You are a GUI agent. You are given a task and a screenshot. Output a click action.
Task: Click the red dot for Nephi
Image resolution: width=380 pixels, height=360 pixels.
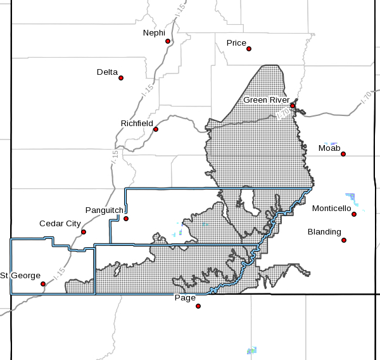coord(168,42)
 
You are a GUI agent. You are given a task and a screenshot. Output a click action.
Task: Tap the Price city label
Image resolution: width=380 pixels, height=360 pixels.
coord(236,43)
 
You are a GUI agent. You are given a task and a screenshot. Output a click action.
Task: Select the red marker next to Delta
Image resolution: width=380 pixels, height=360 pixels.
coord(121,79)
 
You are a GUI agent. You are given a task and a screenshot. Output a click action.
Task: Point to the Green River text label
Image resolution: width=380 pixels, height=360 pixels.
coord(267,100)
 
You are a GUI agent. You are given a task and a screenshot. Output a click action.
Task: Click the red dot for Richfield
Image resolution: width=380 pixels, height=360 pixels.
coord(156,129)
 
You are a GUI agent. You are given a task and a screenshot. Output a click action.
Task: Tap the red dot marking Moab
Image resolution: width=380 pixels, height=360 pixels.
coord(343,154)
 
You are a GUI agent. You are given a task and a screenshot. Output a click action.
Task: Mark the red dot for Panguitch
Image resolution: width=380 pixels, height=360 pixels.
coord(126,219)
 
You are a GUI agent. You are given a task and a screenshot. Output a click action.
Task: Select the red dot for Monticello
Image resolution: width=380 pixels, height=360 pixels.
coord(354,214)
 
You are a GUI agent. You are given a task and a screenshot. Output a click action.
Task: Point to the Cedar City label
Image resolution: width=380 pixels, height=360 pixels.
coord(60,224)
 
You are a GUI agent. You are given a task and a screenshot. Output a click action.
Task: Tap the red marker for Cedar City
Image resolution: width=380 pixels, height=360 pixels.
coord(84,232)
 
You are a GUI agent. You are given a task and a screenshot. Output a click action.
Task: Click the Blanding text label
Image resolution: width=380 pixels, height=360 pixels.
coord(324,232)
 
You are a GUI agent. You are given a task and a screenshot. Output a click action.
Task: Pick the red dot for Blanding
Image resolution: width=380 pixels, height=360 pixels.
coord(344,240)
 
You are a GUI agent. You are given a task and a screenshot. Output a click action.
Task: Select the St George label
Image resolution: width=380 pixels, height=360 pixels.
coord(20,275)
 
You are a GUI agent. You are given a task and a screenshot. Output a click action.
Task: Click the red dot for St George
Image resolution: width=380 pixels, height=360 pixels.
coord(43,284)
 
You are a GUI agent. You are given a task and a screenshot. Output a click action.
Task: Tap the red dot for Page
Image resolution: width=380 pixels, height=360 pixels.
coord(198,305)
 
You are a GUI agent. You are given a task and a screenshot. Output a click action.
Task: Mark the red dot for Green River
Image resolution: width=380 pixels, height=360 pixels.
coord(293,106)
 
